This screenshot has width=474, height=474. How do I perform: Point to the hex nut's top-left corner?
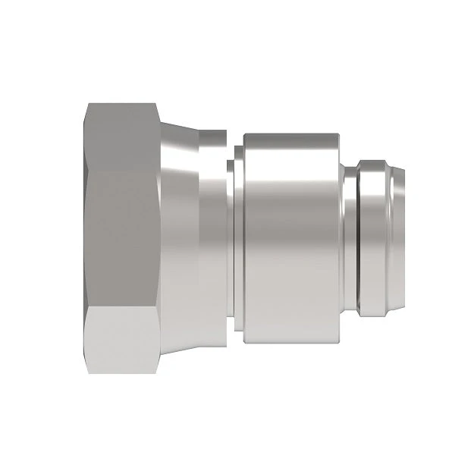(86, 105)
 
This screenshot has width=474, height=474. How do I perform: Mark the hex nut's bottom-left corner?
(86, 372)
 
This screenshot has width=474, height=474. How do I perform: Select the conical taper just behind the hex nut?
(182, 237)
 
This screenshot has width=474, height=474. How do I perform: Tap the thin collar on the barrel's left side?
(238, 237)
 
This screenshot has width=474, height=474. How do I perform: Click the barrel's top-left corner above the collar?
(245, 135)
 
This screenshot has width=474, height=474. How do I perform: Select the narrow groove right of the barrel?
(350, 237)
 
